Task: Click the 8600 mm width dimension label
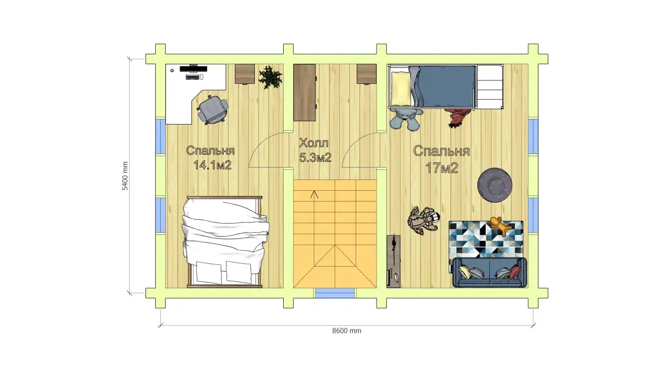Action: pos(347,331)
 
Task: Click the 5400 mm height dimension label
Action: pos(125,176)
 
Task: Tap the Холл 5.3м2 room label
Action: pos(315,150)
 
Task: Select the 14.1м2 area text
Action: pos(212,165)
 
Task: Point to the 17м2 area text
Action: pos(442,168)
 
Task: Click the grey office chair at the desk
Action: pos(212,109)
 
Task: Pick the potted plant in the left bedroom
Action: pos(270,77)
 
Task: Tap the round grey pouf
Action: pos(494,185)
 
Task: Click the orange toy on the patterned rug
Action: pos(501,226)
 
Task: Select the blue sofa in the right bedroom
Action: pos(490,272)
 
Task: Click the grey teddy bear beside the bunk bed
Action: pos(407,118)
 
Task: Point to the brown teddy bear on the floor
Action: pos(423,220)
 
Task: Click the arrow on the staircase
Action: pos(314,194)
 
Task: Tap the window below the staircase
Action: pos(335,293)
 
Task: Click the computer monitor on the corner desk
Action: pos(193,69)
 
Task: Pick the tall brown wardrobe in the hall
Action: pos(305,92)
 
